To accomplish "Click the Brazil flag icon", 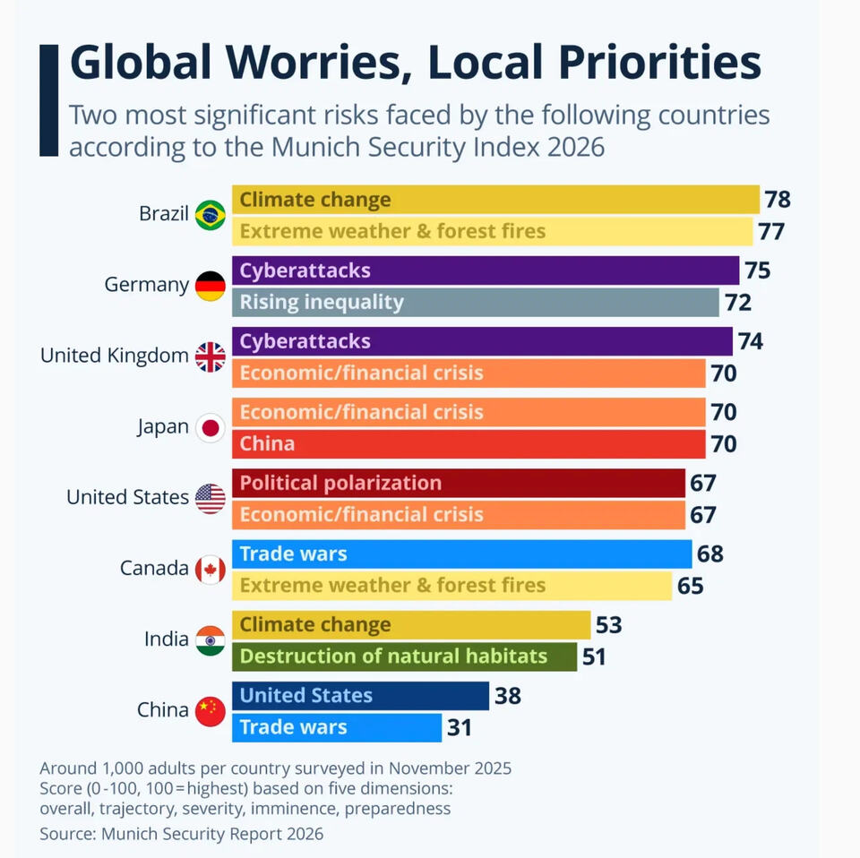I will (211, 215).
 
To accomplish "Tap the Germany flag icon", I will (211, 286).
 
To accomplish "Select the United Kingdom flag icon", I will (211, 356).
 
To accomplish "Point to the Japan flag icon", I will (211, 427).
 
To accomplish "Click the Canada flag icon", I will (211, 569).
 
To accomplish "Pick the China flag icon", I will (211, 711).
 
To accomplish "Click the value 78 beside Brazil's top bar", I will (778, 199).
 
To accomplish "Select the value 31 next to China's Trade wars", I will (460, 727).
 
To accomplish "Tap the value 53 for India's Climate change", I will (608, 624).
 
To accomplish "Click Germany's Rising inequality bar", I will (475, 302).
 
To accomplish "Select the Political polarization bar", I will (458, 483).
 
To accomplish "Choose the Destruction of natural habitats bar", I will (404, 656).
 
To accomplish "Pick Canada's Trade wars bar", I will (461, 554).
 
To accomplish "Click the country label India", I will (167, 639).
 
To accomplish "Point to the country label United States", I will (127, 497).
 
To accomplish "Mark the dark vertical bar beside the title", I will (48, 99).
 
